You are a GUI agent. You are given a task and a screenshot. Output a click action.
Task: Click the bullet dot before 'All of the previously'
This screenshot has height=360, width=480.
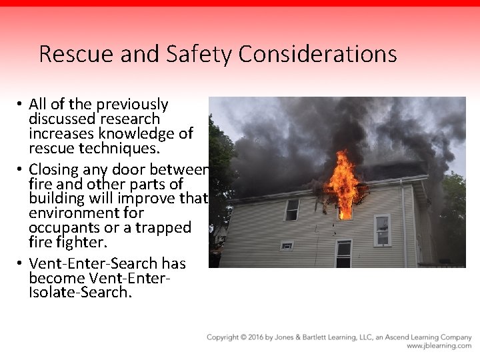coord(21,105)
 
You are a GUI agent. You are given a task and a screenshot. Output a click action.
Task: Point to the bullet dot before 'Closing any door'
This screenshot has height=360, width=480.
coord(21,169)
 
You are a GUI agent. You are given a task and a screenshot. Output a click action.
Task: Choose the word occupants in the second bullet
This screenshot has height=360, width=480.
coord(62,227)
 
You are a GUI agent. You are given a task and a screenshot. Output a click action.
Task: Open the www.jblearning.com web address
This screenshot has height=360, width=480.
coord(439,346)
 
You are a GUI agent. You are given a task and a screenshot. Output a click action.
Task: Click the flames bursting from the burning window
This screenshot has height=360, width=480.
coord(345,183)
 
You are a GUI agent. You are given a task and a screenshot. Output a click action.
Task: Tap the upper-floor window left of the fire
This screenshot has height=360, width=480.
coord(292,209)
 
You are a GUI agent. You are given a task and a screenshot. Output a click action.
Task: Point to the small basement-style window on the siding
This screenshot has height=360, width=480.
coord(287,245)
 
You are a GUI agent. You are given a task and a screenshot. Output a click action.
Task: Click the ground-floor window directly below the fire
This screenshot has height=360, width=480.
coord(343,253)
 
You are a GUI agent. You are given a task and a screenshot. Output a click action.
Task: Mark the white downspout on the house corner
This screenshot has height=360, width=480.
coord(403,220)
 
